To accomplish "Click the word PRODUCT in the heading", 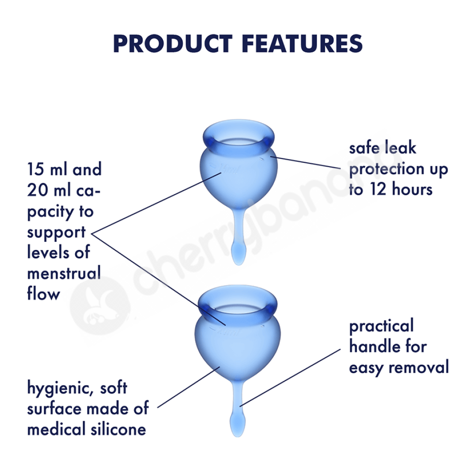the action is [173, 44].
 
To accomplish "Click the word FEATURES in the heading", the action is [302, 44].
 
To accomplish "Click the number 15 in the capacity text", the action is [36, 169].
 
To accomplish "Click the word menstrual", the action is [64, 273].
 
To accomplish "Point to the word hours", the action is [412, 189].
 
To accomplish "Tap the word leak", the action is [400, 148].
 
